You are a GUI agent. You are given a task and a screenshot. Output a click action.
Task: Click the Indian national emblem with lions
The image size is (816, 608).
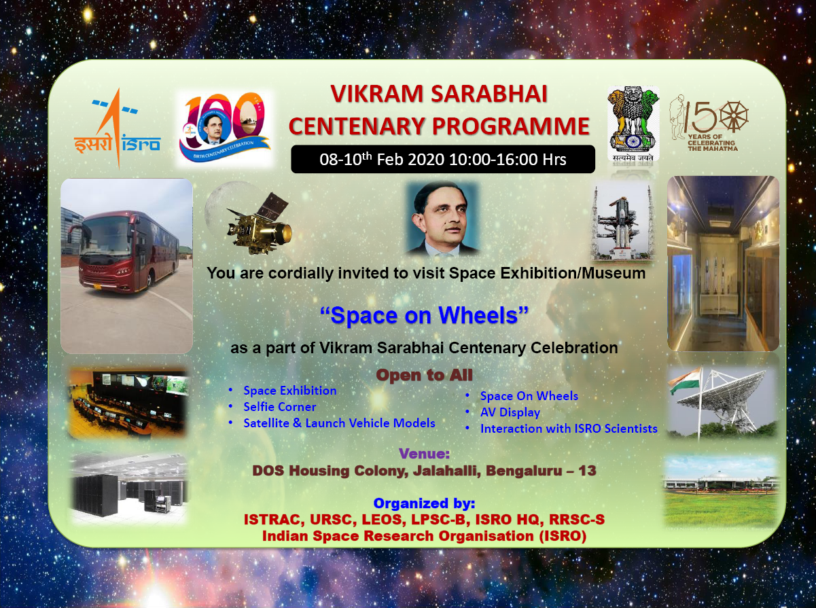[633, 124]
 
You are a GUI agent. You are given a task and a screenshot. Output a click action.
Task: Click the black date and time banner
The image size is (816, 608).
[443, 159]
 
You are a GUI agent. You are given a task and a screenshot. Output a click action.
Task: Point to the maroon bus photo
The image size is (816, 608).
[127, 266]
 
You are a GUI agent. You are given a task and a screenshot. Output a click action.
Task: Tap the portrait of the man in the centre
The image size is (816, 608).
[442, 219]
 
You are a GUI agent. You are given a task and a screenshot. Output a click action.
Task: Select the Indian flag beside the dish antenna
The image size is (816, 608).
[685, 380]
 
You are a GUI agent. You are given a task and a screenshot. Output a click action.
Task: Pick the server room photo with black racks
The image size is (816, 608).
[128, 488]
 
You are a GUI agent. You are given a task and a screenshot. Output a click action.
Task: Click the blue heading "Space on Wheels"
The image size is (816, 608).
[424, 315]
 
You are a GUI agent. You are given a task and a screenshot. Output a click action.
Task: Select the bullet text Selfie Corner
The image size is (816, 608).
[279, 406]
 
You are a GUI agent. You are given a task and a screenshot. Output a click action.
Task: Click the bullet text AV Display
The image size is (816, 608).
[510, 412]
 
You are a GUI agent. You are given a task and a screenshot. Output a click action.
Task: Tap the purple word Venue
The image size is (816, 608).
[424, 453]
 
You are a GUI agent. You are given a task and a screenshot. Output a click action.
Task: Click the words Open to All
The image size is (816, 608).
[424, 375]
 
